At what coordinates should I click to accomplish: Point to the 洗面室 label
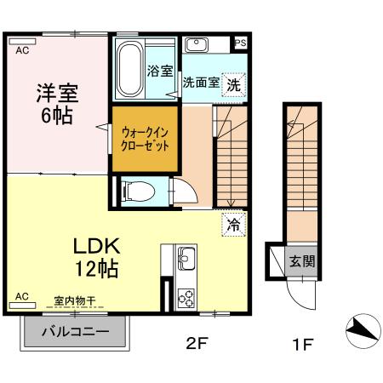click(x=200, y=84)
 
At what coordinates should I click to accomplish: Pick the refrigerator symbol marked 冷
click(x=232, y=226)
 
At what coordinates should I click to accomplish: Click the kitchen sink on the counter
click(x=186, y=260)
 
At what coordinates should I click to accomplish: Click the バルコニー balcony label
click(x=75, y=332)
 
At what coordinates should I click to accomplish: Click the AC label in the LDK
click(x=21, y=296)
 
